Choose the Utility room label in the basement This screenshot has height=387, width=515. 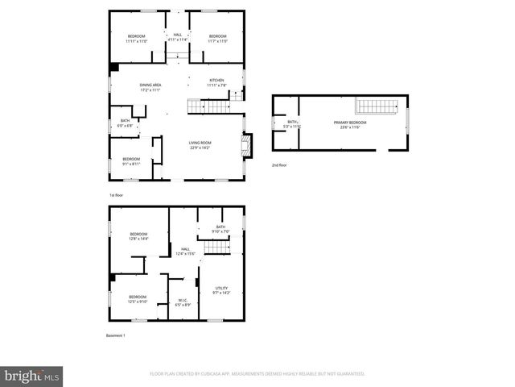click(221, 290)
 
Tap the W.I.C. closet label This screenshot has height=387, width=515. click(183, 303)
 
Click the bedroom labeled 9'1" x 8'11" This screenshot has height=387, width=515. click(131, 161)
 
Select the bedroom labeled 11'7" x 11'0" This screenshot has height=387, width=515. click(218, 38)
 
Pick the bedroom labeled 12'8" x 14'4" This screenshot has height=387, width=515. click(139, 236)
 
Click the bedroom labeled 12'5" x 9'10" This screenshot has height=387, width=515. click(138, 299)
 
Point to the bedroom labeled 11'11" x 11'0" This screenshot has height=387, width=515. click(137, 38)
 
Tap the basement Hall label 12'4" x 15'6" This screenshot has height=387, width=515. click(185, 252)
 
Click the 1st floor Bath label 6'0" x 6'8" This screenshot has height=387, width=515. click(125, 123)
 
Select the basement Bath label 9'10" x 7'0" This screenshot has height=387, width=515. click(220, 229)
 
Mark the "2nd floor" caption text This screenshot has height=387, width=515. click(279, 164)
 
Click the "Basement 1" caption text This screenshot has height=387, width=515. click(117, 335)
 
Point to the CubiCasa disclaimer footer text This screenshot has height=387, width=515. click(257, 374)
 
